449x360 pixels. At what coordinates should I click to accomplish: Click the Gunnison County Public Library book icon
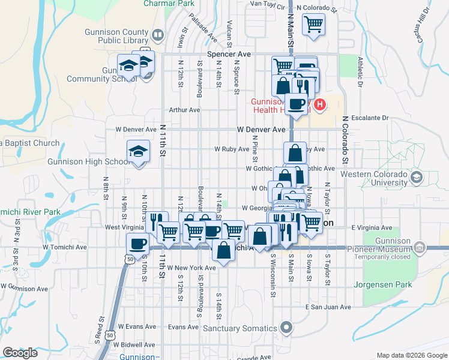point(157,35)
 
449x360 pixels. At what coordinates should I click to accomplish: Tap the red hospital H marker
point(320,104)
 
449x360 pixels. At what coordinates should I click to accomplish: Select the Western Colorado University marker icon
point(415,178)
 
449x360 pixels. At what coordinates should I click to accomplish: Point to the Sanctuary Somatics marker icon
point(286,328)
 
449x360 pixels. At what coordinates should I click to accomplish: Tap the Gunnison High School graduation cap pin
point(138,151)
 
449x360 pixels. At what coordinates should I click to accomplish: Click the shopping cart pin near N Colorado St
point(313,25)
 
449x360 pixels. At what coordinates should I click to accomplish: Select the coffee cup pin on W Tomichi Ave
point(137,244)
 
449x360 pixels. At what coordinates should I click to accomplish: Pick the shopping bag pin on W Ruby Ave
point(295,152)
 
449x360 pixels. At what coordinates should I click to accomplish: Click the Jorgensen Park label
point(383,284)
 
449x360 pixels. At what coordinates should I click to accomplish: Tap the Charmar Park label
point(169,3)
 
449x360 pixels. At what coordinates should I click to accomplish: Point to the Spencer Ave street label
point(228,53)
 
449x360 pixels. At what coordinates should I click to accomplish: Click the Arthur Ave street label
point(184,110)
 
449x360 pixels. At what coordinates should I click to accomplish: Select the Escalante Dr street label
point(370,118)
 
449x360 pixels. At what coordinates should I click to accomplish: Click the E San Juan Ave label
point(328,307)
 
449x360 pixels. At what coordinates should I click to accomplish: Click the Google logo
point(20,352)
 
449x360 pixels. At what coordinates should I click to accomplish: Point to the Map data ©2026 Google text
point(411,355)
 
